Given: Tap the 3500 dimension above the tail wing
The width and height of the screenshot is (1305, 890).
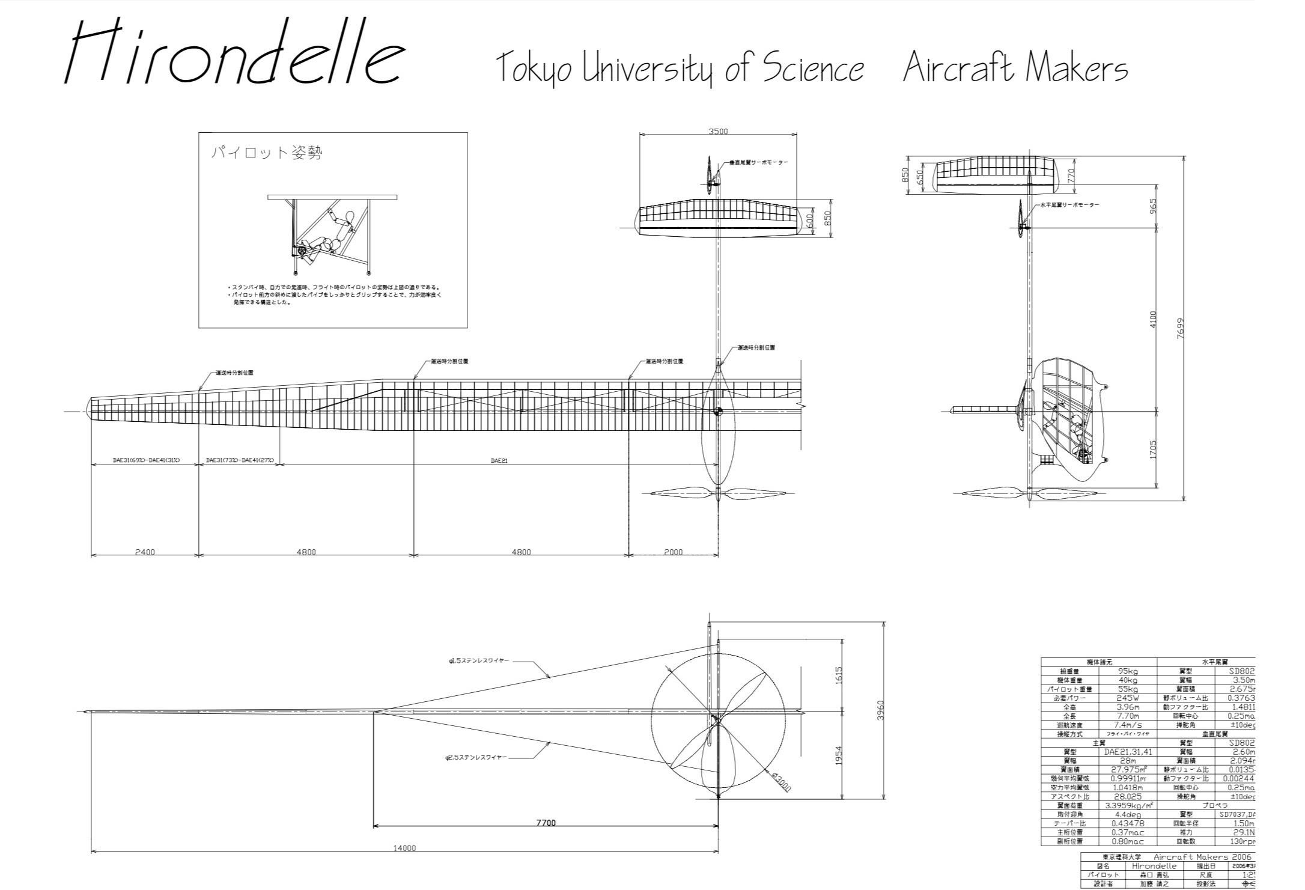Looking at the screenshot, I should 718,132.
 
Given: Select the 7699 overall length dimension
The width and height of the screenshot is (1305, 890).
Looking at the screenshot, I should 1179,328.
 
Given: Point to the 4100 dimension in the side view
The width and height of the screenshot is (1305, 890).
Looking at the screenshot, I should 1152,319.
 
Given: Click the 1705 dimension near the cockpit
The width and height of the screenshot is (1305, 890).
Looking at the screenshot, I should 1152,450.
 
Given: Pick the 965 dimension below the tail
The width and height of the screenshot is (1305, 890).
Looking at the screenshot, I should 1152,206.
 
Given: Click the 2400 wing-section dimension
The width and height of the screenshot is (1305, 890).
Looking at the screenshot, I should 145,552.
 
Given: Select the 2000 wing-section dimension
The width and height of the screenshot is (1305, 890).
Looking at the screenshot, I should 673,552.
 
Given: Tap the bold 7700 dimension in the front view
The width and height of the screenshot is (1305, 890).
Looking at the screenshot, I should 546,823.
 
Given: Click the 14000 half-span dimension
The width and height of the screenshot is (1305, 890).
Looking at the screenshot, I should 404,849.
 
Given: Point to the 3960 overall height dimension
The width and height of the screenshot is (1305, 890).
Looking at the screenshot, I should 880,710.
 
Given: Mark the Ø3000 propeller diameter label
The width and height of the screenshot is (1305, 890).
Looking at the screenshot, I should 781,781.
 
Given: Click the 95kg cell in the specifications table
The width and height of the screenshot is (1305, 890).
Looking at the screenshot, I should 1127,671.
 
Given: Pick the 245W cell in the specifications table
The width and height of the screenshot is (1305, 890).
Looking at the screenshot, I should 1127,698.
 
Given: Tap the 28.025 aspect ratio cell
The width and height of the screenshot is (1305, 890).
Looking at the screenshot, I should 1127,796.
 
